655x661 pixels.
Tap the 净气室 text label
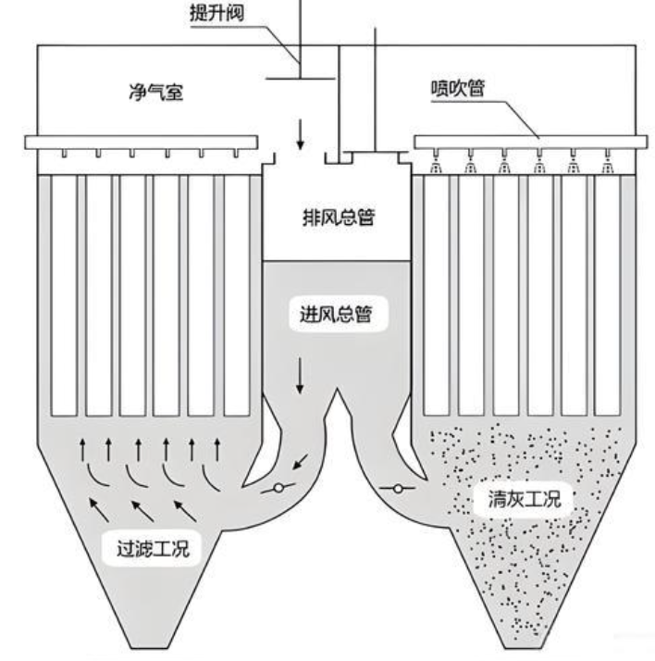click(153, 94)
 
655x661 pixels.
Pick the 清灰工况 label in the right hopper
click(524, 499)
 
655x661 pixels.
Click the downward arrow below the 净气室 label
click(300, 135)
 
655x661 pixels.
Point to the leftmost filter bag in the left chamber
click(64, 296)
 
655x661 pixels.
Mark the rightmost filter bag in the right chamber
click(608, 296)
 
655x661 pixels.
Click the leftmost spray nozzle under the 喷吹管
click(436, 167)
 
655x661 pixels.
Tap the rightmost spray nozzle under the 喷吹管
click(608, 167)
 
